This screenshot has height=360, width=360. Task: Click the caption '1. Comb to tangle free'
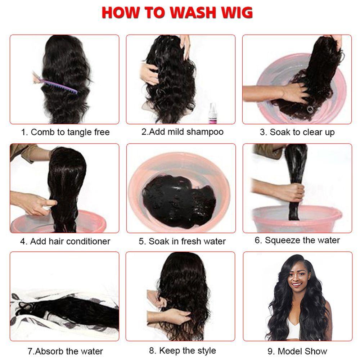(x=65, y=132)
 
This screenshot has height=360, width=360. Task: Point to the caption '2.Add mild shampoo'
(x=182, y=132)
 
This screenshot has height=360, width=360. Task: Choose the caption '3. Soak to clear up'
(x=297, y=132)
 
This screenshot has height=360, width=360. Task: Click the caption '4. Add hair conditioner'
(x=65, y=241)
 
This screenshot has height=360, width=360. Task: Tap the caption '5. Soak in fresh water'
(x=182, y=241)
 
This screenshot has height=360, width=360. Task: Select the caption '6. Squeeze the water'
(x=297, y=240)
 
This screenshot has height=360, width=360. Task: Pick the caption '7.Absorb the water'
(x=65, y=351)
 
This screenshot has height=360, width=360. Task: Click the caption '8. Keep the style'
(x=182, y=350)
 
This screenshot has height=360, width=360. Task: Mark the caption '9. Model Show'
(x=297, y=351)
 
